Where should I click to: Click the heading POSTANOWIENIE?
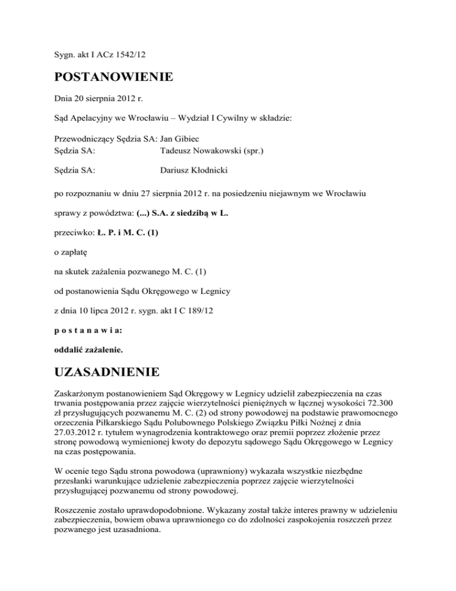pos(113,77)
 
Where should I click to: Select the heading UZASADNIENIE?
pos(106,373)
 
